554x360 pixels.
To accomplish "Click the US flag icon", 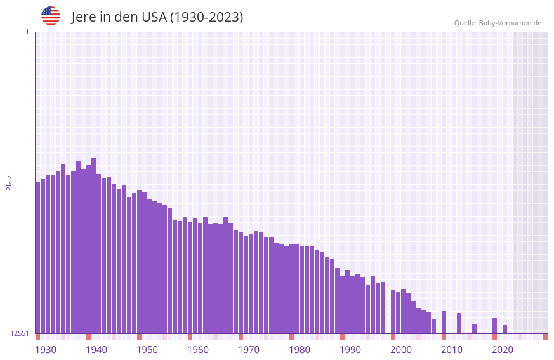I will pyautogui.click(x=51, y=16).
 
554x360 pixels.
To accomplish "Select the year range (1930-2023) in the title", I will pyautogui.click(x=206, y=17).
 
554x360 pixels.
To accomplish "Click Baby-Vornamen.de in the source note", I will pyautogui.click(x=510, y=23).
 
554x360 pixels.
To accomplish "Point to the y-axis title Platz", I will pyautogui.click(x=9, y=182).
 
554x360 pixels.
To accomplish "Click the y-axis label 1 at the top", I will pyautogui.click(x=27, y=32).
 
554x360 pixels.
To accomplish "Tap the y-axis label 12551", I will pyautogui.click(x=20, y=333).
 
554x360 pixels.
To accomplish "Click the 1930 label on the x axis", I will pyautogui.click(x=46, y=350).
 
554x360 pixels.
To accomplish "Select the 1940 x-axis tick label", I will pyautogui.click(x=96, y=350).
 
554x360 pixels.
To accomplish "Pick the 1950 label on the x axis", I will pyautogui.click(x=147, y=350).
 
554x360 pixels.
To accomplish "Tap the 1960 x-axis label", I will pyautogui.click(x=198, y=350).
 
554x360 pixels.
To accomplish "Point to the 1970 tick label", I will pyautogui.click(x=249, y=350).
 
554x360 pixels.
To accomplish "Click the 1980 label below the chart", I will pyautogui.click(x=300, y=350).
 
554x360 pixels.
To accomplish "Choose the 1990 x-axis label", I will pyautogui.click(x=350, y=350).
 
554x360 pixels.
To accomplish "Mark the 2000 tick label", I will pyautogui.click(x=401, y=350).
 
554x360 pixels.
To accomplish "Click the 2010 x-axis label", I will pyautogui.click(x=452, y=350).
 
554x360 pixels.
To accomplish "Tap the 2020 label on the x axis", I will pyautogui.click(x=503, y=350).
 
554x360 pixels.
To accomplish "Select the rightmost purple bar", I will pyautogui.click(x=505, y=330).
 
